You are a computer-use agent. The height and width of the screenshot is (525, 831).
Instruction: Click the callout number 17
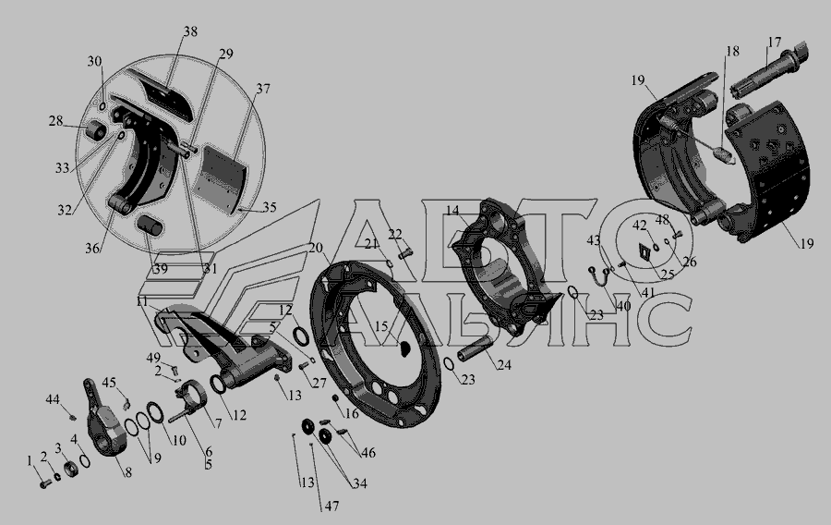coord(774,43)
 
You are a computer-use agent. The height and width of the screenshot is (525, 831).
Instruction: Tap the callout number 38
coord(190,31)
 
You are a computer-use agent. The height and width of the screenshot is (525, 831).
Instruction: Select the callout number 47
coord(331,506)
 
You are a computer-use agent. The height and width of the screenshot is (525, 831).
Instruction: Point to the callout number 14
coord(452,211)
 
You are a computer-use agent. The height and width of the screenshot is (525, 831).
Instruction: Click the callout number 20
coord(316,248)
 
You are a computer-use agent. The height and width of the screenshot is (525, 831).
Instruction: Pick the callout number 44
coord(53,399)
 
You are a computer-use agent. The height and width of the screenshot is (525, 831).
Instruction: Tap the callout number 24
coord(504,365)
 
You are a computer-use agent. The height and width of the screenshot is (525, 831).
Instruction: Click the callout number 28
coord(56,121)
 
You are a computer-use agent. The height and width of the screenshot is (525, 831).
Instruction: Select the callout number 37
coord(263,89)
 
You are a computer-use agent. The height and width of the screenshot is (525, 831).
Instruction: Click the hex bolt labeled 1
coord(45,483)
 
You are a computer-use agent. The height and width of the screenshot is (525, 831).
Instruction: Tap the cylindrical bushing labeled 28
coord(96,130)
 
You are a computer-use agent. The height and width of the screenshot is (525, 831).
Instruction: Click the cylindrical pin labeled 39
coord(150,226)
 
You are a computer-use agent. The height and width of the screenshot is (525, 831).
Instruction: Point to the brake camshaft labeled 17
coord(768,71)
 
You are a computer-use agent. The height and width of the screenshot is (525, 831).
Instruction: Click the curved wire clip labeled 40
coord(599,275)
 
